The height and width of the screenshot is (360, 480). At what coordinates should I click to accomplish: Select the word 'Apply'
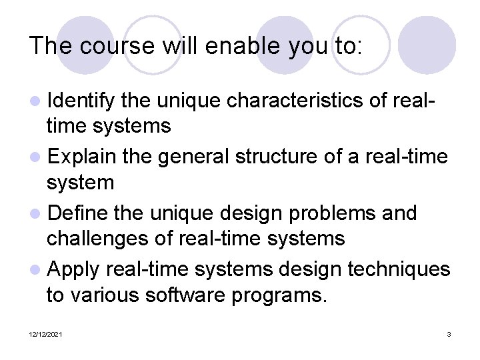73,270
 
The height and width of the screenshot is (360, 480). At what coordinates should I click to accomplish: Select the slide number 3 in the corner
449,333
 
